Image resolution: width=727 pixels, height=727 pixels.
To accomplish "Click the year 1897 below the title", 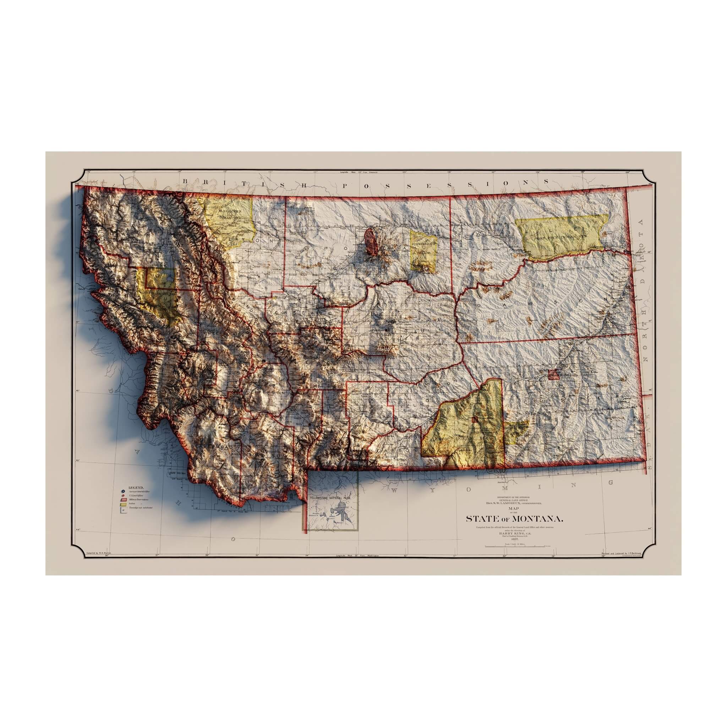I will point(514,539).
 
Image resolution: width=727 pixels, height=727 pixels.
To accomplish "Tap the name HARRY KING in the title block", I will point(513,533).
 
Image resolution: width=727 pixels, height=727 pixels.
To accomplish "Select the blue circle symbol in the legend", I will point(123,491).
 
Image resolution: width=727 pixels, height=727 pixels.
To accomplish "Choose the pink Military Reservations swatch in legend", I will point(123,499).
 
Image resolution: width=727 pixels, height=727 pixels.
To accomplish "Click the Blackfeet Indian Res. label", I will point(229,214).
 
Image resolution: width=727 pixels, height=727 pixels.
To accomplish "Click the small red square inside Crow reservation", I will point(475,419).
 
